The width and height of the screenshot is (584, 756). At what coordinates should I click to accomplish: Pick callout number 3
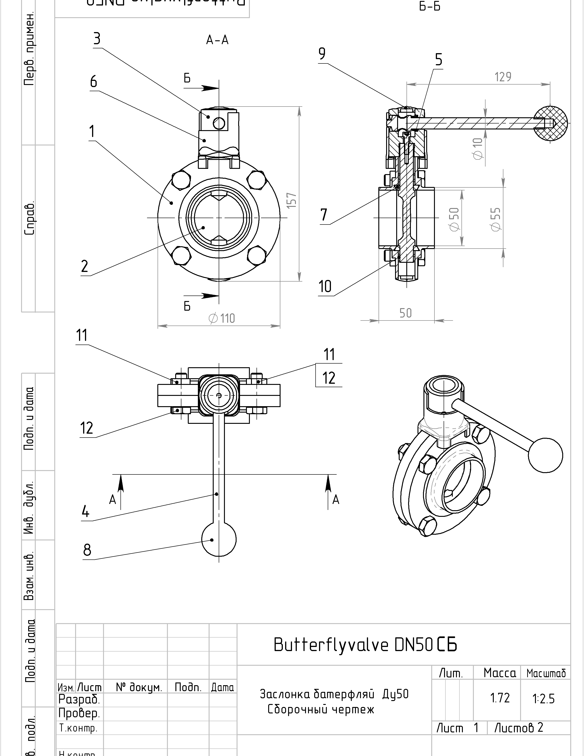97,39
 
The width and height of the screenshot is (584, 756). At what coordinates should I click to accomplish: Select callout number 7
324,215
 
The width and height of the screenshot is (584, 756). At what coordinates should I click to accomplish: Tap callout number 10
325,287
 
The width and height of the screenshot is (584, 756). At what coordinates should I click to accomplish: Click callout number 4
85,511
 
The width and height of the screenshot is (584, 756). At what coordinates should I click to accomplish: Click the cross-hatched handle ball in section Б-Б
550,123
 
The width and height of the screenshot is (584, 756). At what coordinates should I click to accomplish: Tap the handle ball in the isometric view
545,455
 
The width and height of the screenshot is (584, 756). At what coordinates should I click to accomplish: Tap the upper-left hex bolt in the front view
181,180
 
